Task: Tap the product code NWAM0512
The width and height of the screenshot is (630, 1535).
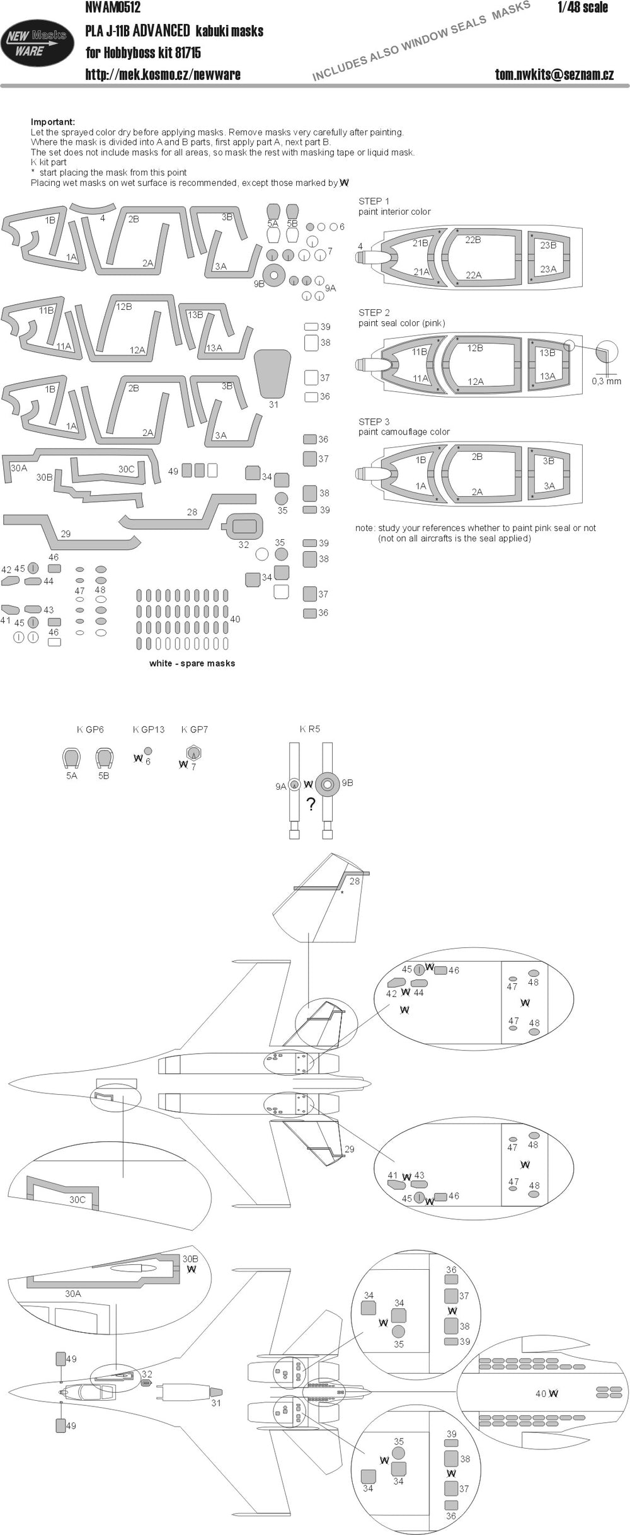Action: (x=113, y=8)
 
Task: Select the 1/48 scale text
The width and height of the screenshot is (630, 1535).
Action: (x=583, y=8)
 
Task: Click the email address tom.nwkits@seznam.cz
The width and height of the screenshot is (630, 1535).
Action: (x=554, y=74)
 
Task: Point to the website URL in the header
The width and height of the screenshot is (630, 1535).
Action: (x=163, y=74)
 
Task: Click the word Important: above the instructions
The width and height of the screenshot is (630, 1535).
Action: (x=53, y=122)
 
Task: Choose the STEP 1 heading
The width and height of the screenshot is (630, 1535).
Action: (x=374, y=202)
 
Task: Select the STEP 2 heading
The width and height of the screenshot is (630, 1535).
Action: (x=374, y=312)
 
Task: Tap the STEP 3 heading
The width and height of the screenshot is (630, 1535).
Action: (x=374, y=421)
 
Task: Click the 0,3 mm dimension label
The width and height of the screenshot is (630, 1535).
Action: (x=607, y=381)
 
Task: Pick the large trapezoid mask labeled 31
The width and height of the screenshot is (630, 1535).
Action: (x=273, y=373)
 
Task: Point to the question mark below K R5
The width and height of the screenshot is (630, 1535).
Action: (x=310, y=804)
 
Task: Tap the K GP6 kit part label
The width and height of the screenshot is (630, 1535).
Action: (x=90, y=729)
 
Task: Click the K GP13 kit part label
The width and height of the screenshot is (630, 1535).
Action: (x=148, y=729)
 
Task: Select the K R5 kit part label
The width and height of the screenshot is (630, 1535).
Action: (x=310, y=729)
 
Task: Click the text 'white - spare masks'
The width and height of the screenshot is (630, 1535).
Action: (x=192, y=663)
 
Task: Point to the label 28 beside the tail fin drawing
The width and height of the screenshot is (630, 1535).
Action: (x=355, y=881)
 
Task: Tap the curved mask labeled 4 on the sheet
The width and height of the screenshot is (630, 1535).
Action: (x=93, y=208)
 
